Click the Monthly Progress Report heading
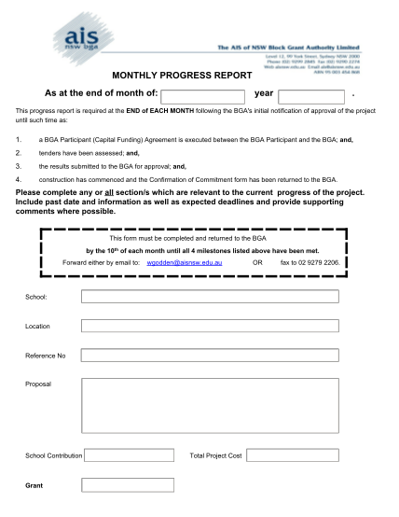tap(182, 76)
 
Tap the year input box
tap(312, 96)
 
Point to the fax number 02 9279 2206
tap(311, 263)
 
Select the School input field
tap(210, 297)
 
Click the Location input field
tap(210, 327)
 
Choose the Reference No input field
tap(210, 356)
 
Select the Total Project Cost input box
tap(294, 455)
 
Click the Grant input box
tap(115, 485)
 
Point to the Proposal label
tap(38, 384)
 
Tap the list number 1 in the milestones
tap(19, 139)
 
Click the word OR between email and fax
tap(257, 263)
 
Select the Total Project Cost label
tap(215, 455)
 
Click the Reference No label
tap(45, 356)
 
